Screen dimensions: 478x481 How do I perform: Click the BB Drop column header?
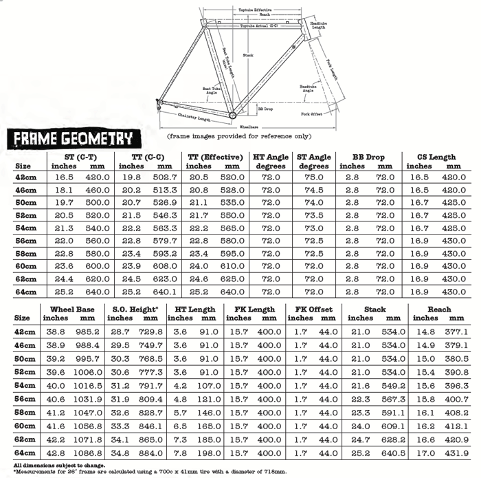(x=368, y=157)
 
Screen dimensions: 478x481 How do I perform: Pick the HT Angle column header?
(x=270, y=157)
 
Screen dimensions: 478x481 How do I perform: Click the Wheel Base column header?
(x=71, y=309)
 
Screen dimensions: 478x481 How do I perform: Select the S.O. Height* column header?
(x=135, y=309)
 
